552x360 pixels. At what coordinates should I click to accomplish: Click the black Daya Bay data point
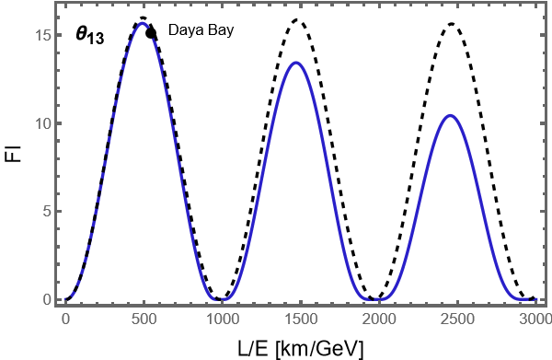point(151,33)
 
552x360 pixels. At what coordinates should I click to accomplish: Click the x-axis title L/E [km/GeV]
point(300,347)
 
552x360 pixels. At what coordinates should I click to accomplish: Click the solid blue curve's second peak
point(295,63)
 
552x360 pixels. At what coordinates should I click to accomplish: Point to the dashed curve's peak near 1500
point(297,19)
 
